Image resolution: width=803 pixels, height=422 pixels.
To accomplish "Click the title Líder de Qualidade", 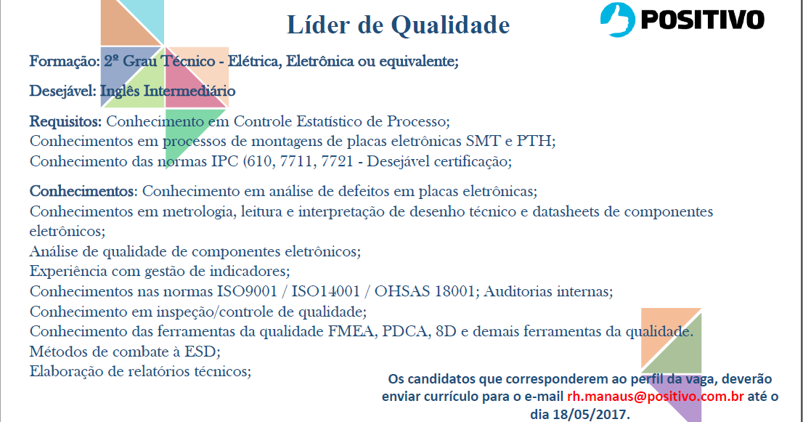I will click(x=399, y=25).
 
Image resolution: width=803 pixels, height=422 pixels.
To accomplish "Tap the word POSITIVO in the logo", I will click(x=701, y=19).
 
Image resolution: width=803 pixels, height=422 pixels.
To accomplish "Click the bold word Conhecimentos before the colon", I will click(x=82, y=192).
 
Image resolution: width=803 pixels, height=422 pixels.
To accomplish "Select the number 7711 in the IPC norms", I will click(x=311, y=161).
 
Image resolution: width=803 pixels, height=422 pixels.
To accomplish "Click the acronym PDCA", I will click(x=404, y=332).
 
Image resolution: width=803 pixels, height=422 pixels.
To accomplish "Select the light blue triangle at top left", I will click(x=145, y=18).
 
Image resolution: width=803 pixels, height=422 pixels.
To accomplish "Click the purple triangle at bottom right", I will click(x=686, y=402).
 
